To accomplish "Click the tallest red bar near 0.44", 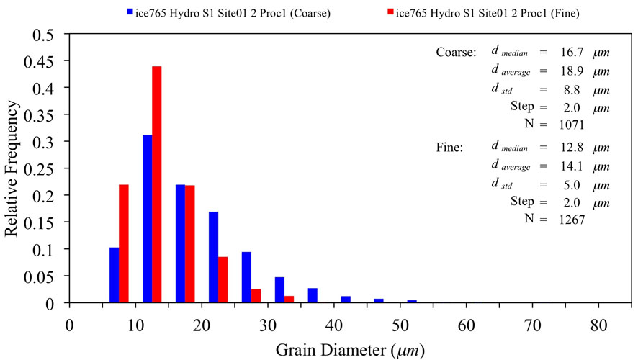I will pos(157,184).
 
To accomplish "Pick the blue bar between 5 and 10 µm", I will pos(114,275).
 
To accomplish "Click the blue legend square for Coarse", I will pos(130,12).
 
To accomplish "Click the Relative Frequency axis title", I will pos(15,168).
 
